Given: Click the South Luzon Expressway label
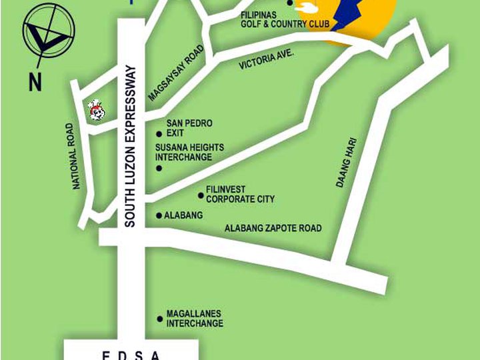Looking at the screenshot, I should (130, 146).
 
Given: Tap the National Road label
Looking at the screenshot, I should (77, 155).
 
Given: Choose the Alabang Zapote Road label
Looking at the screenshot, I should (273, 228).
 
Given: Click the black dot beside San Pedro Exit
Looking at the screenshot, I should (159, 133).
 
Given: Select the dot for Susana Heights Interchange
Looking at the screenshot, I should (159, 168).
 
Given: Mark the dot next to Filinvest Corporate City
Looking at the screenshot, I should (201, 195).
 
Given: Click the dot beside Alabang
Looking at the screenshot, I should (159, 215).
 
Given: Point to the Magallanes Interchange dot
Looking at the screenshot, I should (159, 319).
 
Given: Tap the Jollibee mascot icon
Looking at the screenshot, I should (97, 111).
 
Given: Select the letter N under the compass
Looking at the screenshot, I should (35, 83).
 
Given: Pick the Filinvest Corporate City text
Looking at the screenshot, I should (240, 195).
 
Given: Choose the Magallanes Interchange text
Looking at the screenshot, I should (194, 319).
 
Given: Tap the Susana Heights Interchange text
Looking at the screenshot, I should (189, 152).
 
